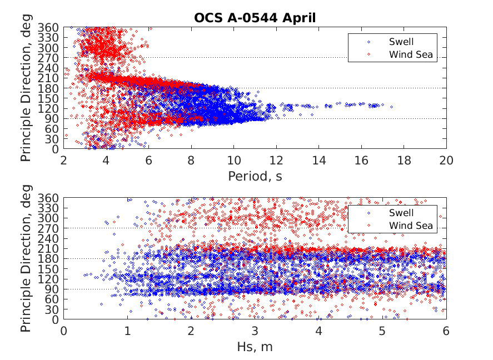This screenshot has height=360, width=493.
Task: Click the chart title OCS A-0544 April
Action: pyautogui.click(x=255, y=18)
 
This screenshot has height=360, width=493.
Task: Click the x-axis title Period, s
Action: pyautogui.click(x=255, y=177)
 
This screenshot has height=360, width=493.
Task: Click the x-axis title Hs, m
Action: pyautogui.click(x=255, y=348)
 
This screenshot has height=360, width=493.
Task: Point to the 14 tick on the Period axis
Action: pyautogui.click(x=318, y=160)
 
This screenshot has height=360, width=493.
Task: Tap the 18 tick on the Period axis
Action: pyautogui.click(x=404, y=160)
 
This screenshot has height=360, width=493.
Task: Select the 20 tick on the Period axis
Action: pyautogui.click(x=446, y=160)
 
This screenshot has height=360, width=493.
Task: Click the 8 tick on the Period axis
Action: pyautogui.click(x=191, y=160)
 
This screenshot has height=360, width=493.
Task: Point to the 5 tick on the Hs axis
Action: pyautogui.click(x=382, y=331)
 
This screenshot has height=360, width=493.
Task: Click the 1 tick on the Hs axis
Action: pyautogui.click(x=127, y=331)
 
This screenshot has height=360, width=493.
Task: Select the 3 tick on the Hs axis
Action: pyautogui.click(x=255, y=331)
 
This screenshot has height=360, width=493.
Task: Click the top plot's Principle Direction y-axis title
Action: pyautogui.click(x=26, y=88)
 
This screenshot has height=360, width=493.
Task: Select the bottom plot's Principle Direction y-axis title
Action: pyautogui.click(x=26, y=259)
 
